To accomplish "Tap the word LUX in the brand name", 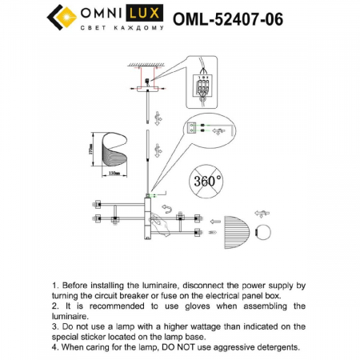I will pos(142,13).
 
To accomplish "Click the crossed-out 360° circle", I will pos(206,182).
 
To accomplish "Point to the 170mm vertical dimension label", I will pos(93,151).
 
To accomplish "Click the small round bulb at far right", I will pos(261,214).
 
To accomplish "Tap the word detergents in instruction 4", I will pos(272,348).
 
